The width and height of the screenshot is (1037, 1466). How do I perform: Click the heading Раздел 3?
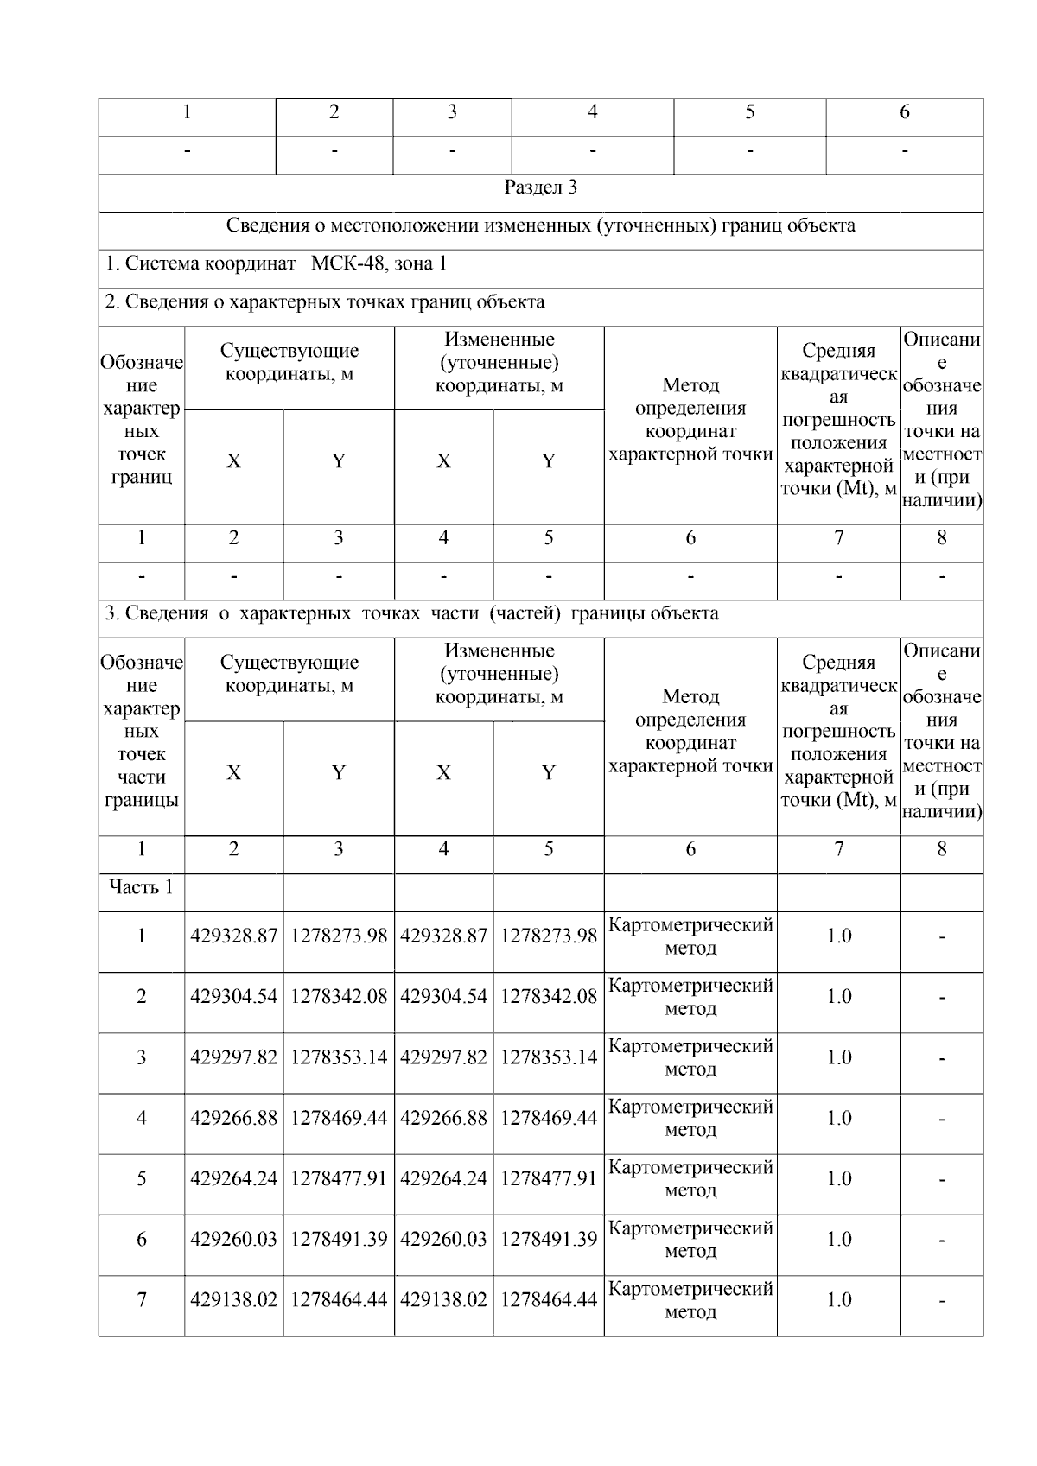[540, 187]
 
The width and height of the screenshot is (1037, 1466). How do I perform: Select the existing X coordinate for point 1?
[233, 936]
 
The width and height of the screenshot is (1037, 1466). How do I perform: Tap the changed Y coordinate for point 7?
[548, 1299]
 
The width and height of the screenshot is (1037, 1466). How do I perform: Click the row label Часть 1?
[141, 887]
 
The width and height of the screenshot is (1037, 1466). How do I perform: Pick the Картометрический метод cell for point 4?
[690, 1118]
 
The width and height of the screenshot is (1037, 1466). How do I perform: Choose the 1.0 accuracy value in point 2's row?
[838, 996]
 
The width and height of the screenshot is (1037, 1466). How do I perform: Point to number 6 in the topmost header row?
[904, 112]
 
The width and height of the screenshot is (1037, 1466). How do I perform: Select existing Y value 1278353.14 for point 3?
[338, 1057]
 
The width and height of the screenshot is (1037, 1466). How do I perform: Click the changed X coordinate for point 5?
[443, 1178]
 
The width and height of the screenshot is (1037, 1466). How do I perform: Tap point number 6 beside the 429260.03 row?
[141, 1239]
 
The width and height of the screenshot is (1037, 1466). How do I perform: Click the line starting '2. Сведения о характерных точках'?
[325, 302]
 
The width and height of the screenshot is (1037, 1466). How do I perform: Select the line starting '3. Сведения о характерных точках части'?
[411, 613]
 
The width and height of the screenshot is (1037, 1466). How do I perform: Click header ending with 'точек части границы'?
[141, 731]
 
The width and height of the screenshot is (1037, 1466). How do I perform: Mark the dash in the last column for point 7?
[941, 1300]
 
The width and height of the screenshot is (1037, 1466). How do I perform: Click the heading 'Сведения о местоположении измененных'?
[540, 225]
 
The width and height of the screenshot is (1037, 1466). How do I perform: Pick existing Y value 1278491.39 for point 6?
[338, 1239]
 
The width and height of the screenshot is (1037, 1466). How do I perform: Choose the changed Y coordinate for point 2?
[548, 996]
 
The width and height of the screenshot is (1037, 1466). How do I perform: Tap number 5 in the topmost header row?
[749, 112]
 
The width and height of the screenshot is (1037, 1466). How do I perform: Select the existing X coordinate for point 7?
[233, 1299]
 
